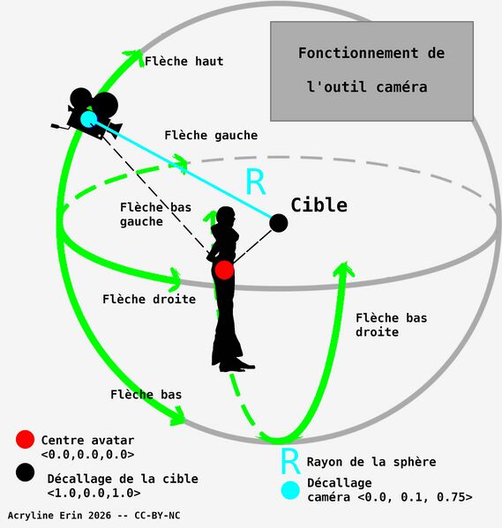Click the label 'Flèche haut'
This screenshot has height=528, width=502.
click(x=184, y=62)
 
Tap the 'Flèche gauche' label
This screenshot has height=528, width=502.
click(x=211, y=136)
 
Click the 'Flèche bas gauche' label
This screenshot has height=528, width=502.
click(x=155, y=214)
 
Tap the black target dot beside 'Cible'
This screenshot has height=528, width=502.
click(x=278, y=223)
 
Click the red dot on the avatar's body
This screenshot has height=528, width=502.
click(x=224, y=270)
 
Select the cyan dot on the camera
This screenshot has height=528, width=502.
click(x=88, y=118)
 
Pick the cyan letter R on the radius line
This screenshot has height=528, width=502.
click(x=254, y=182)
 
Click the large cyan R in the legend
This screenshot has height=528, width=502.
click(x=288, y=461)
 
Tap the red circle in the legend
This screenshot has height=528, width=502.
click(x=25, y=439)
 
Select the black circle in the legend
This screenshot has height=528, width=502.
click(x=25, y=474)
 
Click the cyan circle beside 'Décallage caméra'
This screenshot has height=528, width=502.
click(x=288, y=490)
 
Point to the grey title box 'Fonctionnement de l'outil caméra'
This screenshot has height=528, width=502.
click(x=371, y=71)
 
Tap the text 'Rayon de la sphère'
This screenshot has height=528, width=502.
click(x=371, y=462)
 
